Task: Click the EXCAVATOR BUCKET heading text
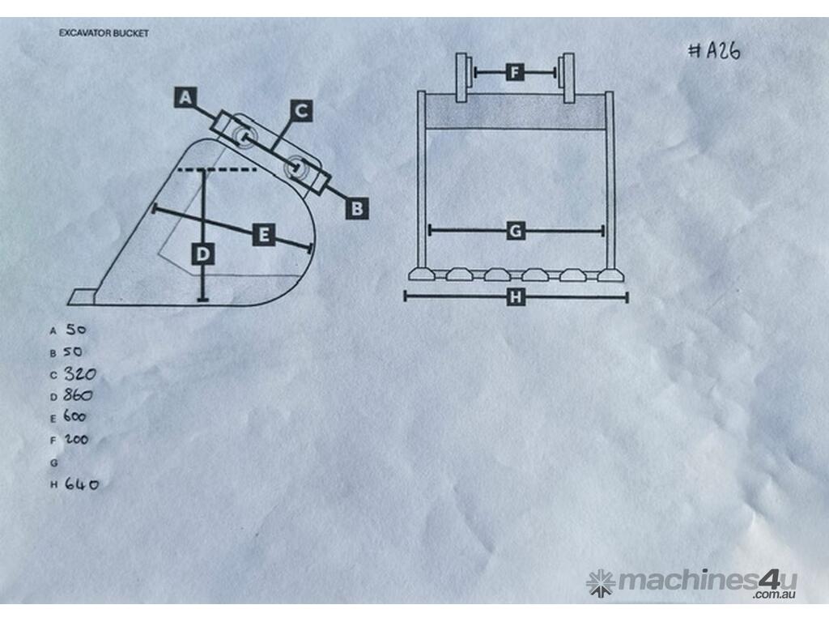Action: click(x=104, y=33)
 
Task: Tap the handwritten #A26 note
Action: click(x=715, y=51)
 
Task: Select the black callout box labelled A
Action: click(x=185, y=97)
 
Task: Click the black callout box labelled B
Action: click(x=357, y=208)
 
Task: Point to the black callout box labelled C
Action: click(x=301, y=110)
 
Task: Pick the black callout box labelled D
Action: click(x=203, y=254)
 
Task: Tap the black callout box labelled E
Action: click(x=264, y=234)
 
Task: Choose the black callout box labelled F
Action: click(x=515, y=72)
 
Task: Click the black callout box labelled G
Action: click(x=515, y=231)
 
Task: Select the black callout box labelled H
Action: click(x=516, y=297)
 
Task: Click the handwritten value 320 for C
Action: click(x=80, y=374)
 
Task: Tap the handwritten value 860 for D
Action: click(x=79, y=395)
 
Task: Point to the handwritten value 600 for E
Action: click(x=74, y=416)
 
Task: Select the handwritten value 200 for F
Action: click(x=77, y=439)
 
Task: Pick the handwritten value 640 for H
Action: click(x=82, y=484)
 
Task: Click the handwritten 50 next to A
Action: click(x=75, y=330)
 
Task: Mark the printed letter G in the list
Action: click(x=53, y=462)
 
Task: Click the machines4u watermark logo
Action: click(x=691, y=583)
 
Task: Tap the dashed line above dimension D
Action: click(x=217, y=170)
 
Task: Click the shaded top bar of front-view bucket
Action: click(x=516, y=112)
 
